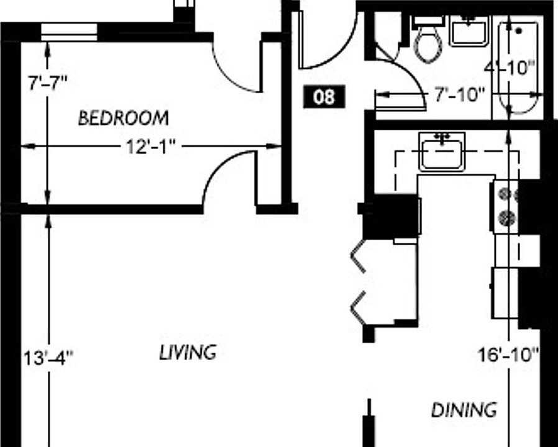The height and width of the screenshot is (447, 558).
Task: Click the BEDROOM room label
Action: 123,118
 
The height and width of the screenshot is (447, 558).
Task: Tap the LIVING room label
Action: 188,352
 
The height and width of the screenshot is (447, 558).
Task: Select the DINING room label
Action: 464,410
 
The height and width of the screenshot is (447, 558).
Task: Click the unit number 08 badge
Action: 324,96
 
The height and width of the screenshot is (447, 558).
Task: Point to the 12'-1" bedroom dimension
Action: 151,147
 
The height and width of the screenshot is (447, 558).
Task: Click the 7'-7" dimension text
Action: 47,84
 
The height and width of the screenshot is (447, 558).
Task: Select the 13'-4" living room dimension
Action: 48,358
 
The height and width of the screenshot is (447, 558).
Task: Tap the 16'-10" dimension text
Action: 508,354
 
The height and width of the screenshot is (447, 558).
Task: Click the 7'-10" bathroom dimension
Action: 459,94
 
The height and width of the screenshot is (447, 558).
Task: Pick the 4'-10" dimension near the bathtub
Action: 510,67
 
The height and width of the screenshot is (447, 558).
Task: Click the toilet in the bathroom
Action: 429,38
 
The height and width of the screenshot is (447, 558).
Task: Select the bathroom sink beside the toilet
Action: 469,31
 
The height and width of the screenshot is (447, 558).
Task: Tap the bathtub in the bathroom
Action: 518,68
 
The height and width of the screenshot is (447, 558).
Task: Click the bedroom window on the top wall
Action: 69,32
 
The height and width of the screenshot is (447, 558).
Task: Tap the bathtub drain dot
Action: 519,31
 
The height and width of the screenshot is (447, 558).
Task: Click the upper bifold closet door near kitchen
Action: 359,256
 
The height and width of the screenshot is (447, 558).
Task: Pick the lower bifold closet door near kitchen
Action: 359,307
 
